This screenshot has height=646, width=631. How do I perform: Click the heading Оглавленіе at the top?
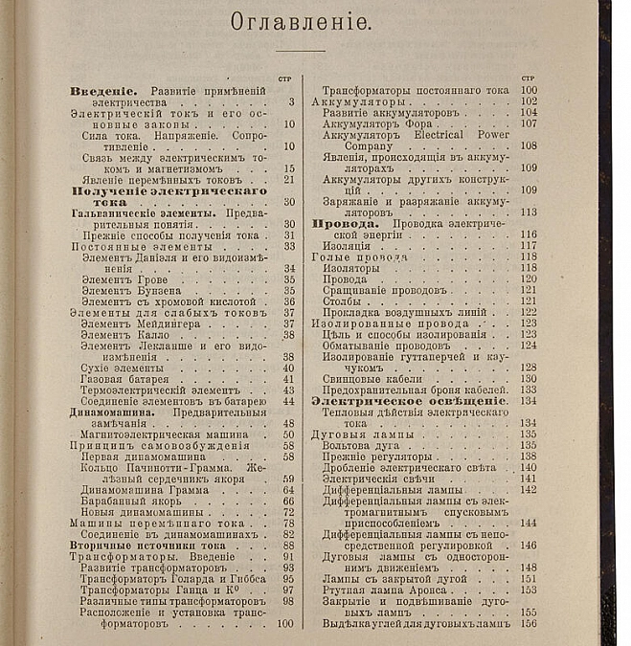click(300, 22)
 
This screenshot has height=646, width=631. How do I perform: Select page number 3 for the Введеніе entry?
click(290, 101)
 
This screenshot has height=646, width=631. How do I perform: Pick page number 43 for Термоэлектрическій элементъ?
click(288, 390)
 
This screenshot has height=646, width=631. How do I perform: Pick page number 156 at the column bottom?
click(528, 623)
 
